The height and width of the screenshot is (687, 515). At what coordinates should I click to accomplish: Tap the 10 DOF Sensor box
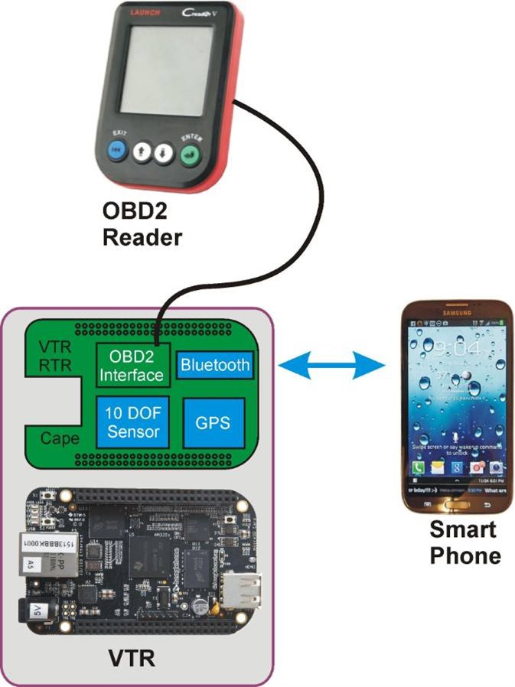tap(132, 422)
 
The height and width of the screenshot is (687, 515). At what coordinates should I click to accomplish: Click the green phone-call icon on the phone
tap(419, 466)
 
